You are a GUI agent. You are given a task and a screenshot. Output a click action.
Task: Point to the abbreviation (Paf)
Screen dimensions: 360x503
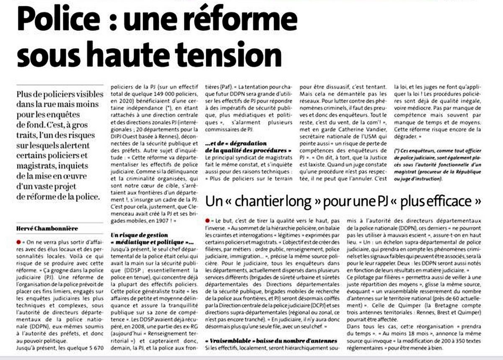pos(216,87)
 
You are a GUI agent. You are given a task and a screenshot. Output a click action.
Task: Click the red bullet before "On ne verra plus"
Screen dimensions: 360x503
pos(19,242)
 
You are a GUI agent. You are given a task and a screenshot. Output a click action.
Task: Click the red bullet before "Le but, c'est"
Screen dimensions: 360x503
pos(208,220)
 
